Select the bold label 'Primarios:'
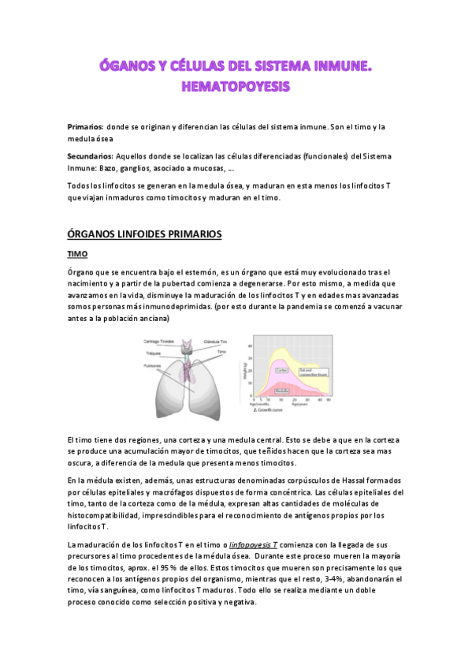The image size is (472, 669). click(x=85, y=127)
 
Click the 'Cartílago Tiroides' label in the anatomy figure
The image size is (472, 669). click(x=160, y=341)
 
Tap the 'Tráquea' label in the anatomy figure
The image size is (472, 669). click(x=154, y=353)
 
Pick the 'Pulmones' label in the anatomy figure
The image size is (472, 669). click(x=154, y=365)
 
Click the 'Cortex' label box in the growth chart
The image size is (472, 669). click(x=281, y=369)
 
